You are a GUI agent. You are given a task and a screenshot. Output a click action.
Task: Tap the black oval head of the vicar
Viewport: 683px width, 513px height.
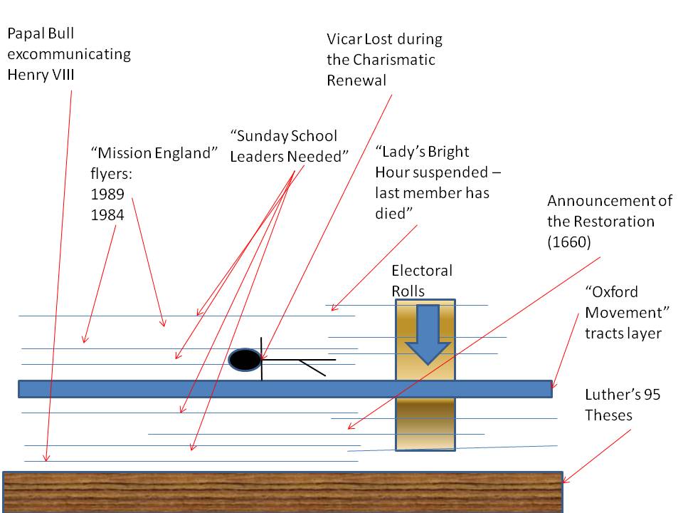point(245,361)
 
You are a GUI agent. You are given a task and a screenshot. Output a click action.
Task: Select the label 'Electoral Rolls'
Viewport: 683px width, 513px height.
point(422,281)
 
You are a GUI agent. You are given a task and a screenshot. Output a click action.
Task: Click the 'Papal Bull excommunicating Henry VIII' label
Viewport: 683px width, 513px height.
point(69,54)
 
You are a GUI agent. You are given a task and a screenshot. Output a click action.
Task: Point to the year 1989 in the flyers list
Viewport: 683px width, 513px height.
point(107,194)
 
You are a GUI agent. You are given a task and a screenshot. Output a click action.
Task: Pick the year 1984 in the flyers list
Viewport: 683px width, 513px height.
point(107,214)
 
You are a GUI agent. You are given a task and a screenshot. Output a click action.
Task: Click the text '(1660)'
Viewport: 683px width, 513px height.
point(569,242)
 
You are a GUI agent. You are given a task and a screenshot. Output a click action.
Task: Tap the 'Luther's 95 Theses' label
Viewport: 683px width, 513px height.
point(622,405)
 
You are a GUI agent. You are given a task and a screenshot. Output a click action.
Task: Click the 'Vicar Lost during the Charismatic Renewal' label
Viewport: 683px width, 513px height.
point(384,59)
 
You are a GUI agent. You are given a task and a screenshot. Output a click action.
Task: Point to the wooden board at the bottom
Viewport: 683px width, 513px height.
point(283,492)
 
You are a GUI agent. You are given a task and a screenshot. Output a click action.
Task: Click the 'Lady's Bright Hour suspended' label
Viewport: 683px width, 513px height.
point(432,182)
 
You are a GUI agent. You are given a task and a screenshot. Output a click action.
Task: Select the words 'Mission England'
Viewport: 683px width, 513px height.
point(153,153)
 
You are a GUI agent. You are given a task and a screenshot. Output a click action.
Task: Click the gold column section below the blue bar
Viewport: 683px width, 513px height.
point(425,423)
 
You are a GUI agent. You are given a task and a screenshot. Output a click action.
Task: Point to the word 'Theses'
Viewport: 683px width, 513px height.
point(608,414)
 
